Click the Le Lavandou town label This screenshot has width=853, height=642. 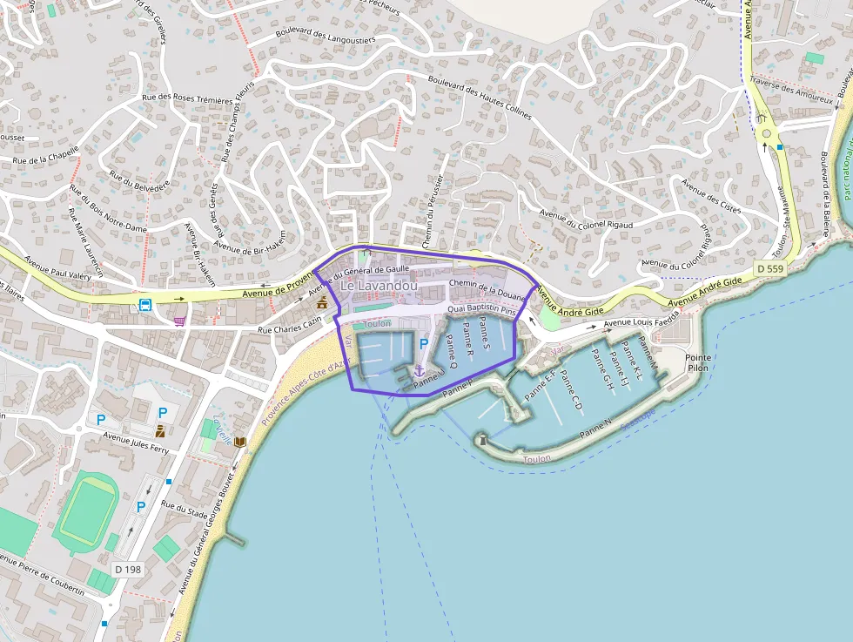(379, 286)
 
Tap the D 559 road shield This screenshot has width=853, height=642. (770, 269)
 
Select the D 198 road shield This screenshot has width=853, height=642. (128, 569)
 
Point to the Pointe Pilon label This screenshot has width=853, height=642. (697, 362)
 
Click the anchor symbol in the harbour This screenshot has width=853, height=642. (419, 371)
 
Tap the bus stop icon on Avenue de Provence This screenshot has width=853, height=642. (146, 305)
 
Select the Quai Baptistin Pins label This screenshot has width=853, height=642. (482, 309)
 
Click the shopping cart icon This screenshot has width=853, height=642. (179, 321)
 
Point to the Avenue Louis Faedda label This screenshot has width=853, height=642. (641, 322)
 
